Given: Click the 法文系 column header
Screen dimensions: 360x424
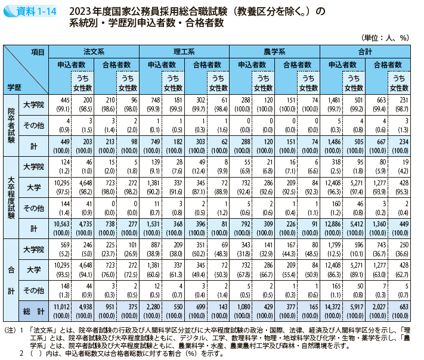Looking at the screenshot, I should click(x=94, y=52).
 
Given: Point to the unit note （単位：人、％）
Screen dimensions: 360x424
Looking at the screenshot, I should click(x=388, y=37).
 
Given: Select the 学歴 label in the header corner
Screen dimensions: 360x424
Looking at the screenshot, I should click(x=14, y=87).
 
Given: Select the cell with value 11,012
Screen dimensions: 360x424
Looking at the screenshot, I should click(x=63, y=306).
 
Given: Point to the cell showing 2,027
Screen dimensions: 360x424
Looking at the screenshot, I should click(x=383, y=306).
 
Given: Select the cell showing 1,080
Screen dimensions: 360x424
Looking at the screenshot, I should click(x=245, y=306).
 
